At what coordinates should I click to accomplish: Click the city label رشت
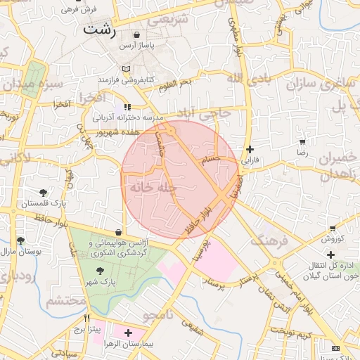click(x=98, y=30)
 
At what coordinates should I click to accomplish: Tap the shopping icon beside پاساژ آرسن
click(x=136, y=34)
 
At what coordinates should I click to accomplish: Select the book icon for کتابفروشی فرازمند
click(x=126, y=70)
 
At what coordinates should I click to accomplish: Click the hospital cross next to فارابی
click(x=250, y=149)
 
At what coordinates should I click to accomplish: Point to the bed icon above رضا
click(x=302, y=141)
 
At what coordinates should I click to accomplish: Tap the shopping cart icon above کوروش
click(x=332, y=229)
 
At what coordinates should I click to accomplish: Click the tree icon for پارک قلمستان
click(x=44, y=192)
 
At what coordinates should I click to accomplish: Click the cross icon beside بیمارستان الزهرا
click(x=128, y=332)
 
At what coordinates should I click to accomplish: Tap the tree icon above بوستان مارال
click(x=20, y=240)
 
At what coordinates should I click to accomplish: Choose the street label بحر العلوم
click(x=175, y=85)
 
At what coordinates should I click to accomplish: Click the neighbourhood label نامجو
click(x=156, y=314)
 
